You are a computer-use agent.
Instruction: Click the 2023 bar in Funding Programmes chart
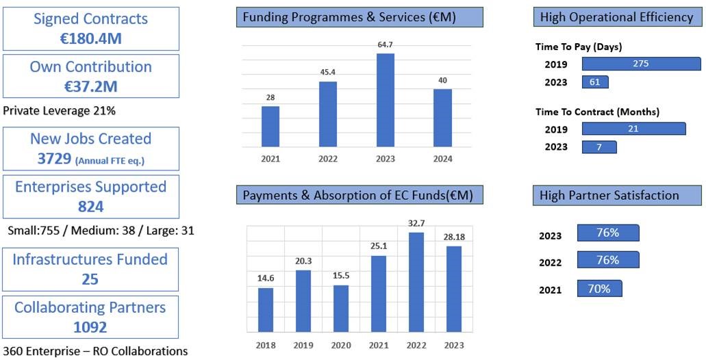point(386,99)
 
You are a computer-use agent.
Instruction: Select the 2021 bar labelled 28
point(270,126)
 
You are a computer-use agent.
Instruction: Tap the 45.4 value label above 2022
point(327,72)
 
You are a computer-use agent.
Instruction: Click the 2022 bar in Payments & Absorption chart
point(416,281)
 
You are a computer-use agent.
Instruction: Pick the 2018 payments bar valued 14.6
point(266,309)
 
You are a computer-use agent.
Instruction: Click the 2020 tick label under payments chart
point(341,345)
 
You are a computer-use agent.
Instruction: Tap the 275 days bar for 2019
point(641,64)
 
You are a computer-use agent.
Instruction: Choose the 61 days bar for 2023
point(595,82)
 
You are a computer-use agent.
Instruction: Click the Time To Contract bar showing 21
point(633,129)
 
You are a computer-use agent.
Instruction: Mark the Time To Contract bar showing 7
point(599,147)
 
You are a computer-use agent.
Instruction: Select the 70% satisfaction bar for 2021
point(599,289)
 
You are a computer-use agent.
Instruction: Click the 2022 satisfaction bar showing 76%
point(608,260)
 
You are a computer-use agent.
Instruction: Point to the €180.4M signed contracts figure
point(90,38)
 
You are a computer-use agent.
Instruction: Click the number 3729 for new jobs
point(54,159)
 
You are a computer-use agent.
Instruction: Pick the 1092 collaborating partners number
point(90,327)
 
